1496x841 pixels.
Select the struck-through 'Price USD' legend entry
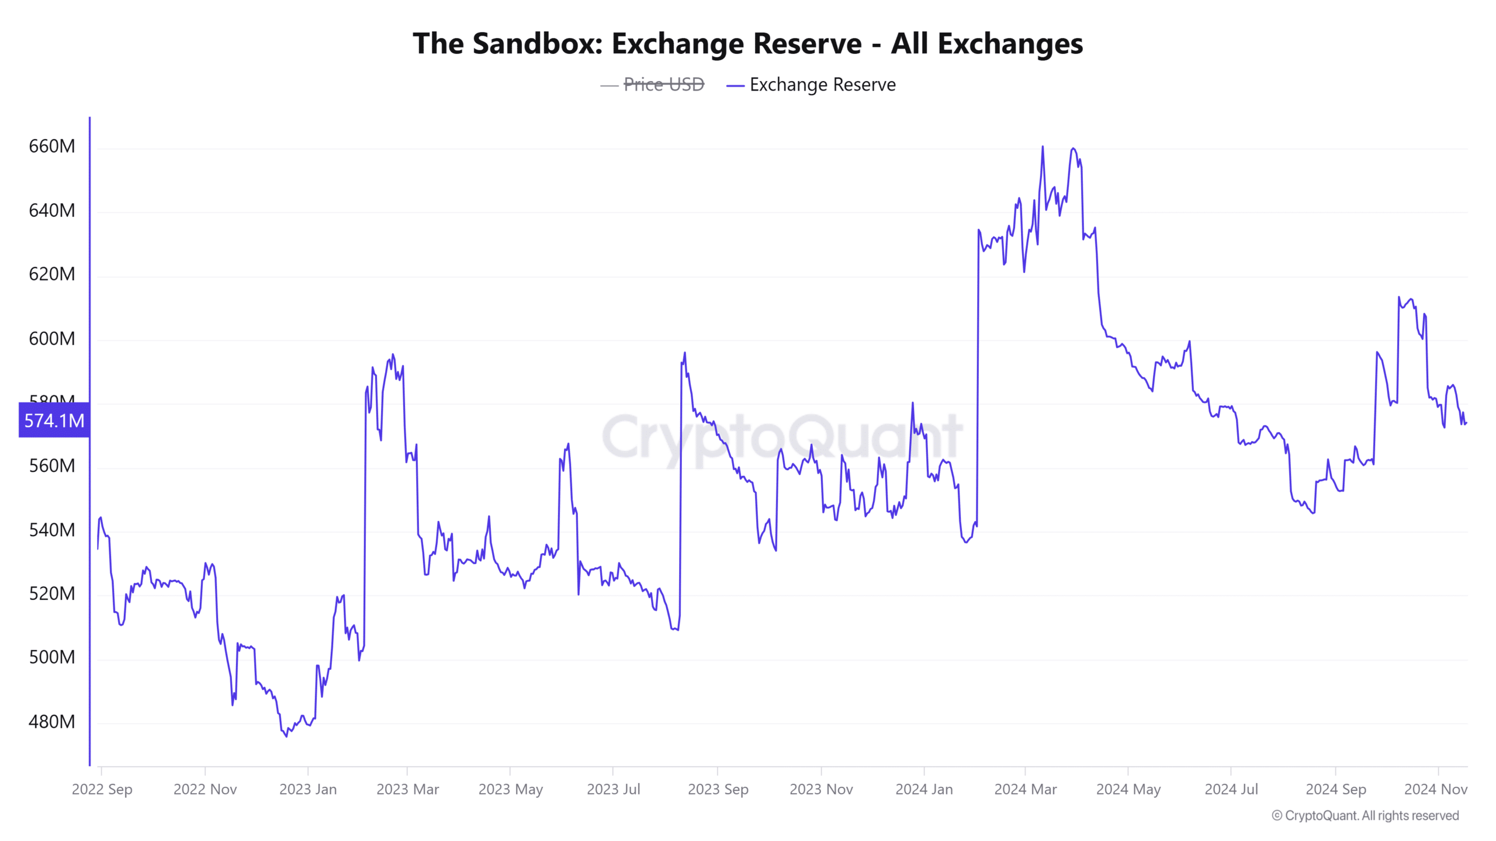[x=663, y=85]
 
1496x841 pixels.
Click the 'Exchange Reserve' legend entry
[x=822, y=85]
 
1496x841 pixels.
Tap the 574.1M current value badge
[x=54, y=420]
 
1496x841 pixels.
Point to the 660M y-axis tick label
[x=52, y=146]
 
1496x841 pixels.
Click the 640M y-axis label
[x=52, y=210]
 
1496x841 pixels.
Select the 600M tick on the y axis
[x=52, y=338]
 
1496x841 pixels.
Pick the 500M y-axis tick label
[x=52, y=657]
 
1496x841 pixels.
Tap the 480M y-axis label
[x=52, y=722]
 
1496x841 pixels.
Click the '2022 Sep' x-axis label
[x=102, y=789]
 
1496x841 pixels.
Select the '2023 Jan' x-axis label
[x=308, y=789]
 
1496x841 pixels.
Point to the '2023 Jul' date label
[x=613, y=789]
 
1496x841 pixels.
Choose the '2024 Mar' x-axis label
[x=1026, y=789]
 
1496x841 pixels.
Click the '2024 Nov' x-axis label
[x=1435, y=789]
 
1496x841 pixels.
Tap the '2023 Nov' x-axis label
[x=821, y=789]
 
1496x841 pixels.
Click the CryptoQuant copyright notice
[x=1365, y=815]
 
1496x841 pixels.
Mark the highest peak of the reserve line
[x=1043, y=147]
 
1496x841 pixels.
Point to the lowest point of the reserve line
[x=286, y=736]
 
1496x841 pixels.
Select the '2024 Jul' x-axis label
[x=1231, y=789]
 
